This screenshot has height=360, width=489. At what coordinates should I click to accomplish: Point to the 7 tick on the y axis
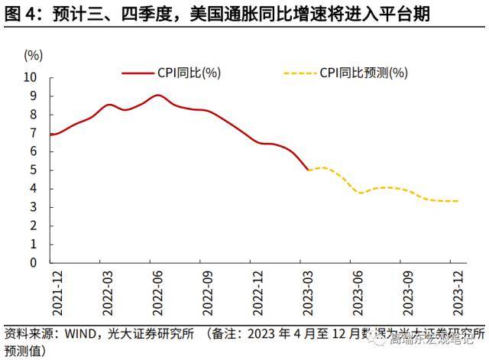click(33, 133)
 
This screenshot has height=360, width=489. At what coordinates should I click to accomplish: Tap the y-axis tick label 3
click(33, 207)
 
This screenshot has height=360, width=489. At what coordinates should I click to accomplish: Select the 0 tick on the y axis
click(33, 262)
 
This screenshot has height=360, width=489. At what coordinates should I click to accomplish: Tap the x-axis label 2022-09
click(206, 291)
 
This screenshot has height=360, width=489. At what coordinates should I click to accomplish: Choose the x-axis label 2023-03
click(307, 291)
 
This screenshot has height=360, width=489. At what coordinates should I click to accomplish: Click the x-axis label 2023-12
click(458, 291)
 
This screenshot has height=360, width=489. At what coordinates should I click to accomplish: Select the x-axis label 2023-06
click(358, 291)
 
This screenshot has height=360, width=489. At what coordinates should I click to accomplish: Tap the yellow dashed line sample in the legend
click(300, 73)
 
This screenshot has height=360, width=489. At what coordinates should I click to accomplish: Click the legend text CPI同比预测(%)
click(364, 73)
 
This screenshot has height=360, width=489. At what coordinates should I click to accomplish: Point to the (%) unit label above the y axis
click(33, 55)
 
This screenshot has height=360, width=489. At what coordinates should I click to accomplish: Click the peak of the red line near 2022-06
click(157, 95)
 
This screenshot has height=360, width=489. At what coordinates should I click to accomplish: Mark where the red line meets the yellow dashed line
click(307, 170)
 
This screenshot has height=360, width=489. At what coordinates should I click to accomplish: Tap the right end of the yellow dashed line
click(458, 201)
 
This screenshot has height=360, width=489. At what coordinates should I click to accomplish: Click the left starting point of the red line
click(50, 135)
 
